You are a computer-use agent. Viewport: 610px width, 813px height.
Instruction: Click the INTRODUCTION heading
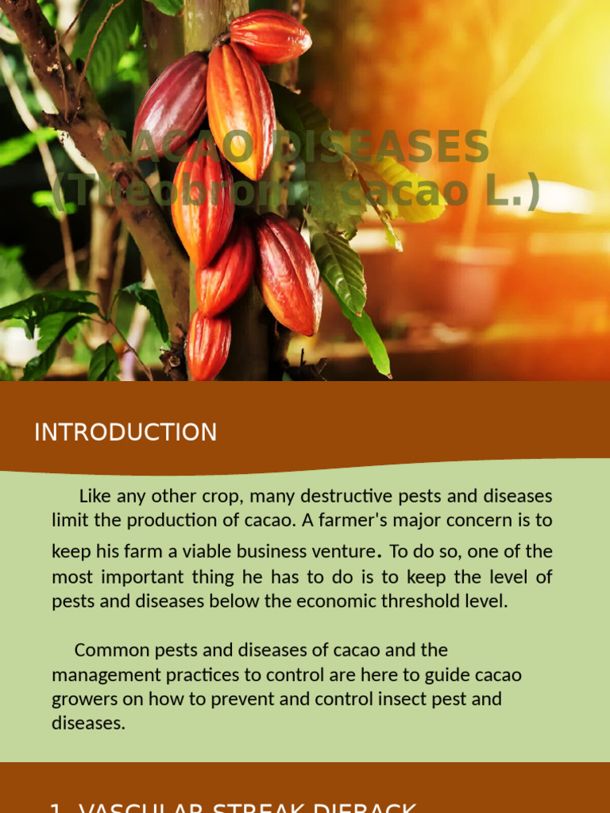coord(125,433)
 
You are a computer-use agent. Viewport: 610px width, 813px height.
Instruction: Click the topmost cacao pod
coord(270,36)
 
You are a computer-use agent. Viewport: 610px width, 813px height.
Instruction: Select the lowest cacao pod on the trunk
coord(209,345)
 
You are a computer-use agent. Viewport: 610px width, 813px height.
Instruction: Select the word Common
coord(108,650)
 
